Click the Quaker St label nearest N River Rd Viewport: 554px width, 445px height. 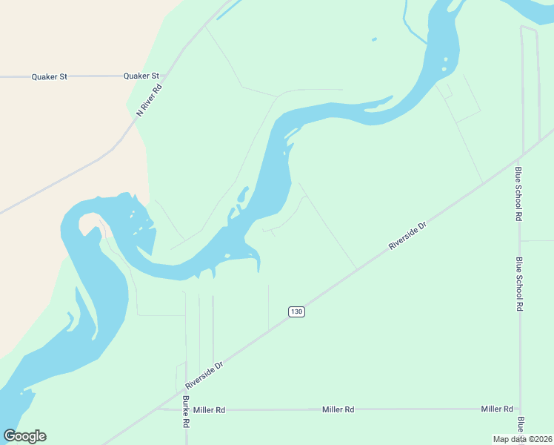141,76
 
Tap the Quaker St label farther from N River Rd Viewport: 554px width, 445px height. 50,76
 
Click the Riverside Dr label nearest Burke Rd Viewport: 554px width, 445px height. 204,376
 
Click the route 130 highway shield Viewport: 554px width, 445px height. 296,311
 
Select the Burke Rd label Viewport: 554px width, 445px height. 186,412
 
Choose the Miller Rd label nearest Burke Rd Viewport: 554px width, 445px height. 210,409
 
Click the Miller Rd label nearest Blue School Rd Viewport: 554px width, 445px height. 497,409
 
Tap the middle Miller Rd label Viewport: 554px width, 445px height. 338,409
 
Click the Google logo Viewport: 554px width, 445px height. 24,436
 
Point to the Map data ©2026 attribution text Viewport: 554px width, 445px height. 523,439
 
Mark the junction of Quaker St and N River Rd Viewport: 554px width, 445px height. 167,76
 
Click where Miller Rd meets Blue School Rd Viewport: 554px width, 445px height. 521,409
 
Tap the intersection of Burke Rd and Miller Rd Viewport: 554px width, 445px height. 185,409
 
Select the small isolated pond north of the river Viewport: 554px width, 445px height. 374,39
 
